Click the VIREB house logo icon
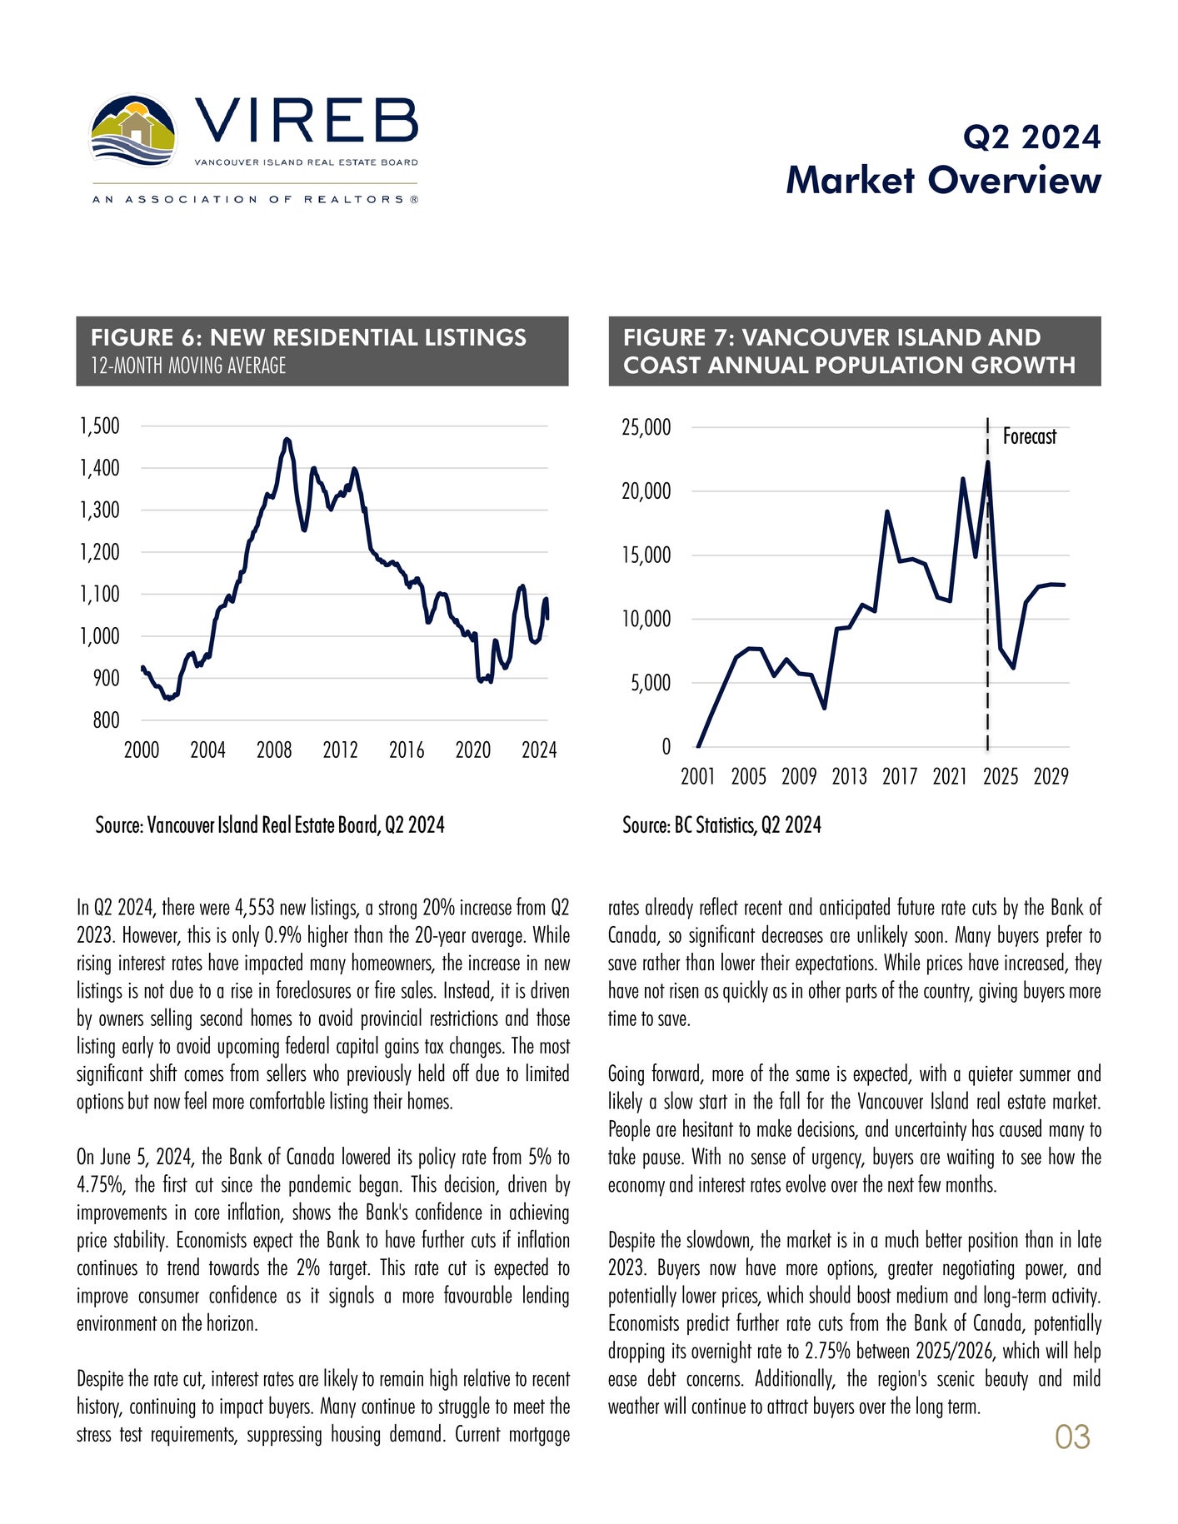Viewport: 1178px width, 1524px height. point(133,132)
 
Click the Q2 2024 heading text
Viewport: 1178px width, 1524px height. point(1031,137)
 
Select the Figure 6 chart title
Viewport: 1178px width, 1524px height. point(308,337)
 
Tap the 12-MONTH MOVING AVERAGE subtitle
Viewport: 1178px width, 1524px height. point(188,366)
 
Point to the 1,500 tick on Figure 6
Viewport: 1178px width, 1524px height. point(100,426)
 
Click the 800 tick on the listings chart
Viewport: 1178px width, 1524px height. point(106,720)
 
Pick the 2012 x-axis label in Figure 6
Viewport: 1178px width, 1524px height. point(340,750)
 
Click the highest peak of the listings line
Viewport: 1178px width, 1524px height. point(287,439)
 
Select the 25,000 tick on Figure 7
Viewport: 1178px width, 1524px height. point(646,428)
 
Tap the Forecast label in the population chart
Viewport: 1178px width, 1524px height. point(1029,436)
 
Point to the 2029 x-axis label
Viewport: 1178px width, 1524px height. point(1051,777)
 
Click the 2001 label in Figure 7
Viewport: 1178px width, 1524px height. point(698,777)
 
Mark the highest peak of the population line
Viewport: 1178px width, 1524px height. point(987,462)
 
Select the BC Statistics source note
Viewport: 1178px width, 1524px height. point(721,825)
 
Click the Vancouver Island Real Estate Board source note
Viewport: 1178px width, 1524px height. point(270,825)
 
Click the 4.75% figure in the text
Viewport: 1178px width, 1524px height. point(100,1185)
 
